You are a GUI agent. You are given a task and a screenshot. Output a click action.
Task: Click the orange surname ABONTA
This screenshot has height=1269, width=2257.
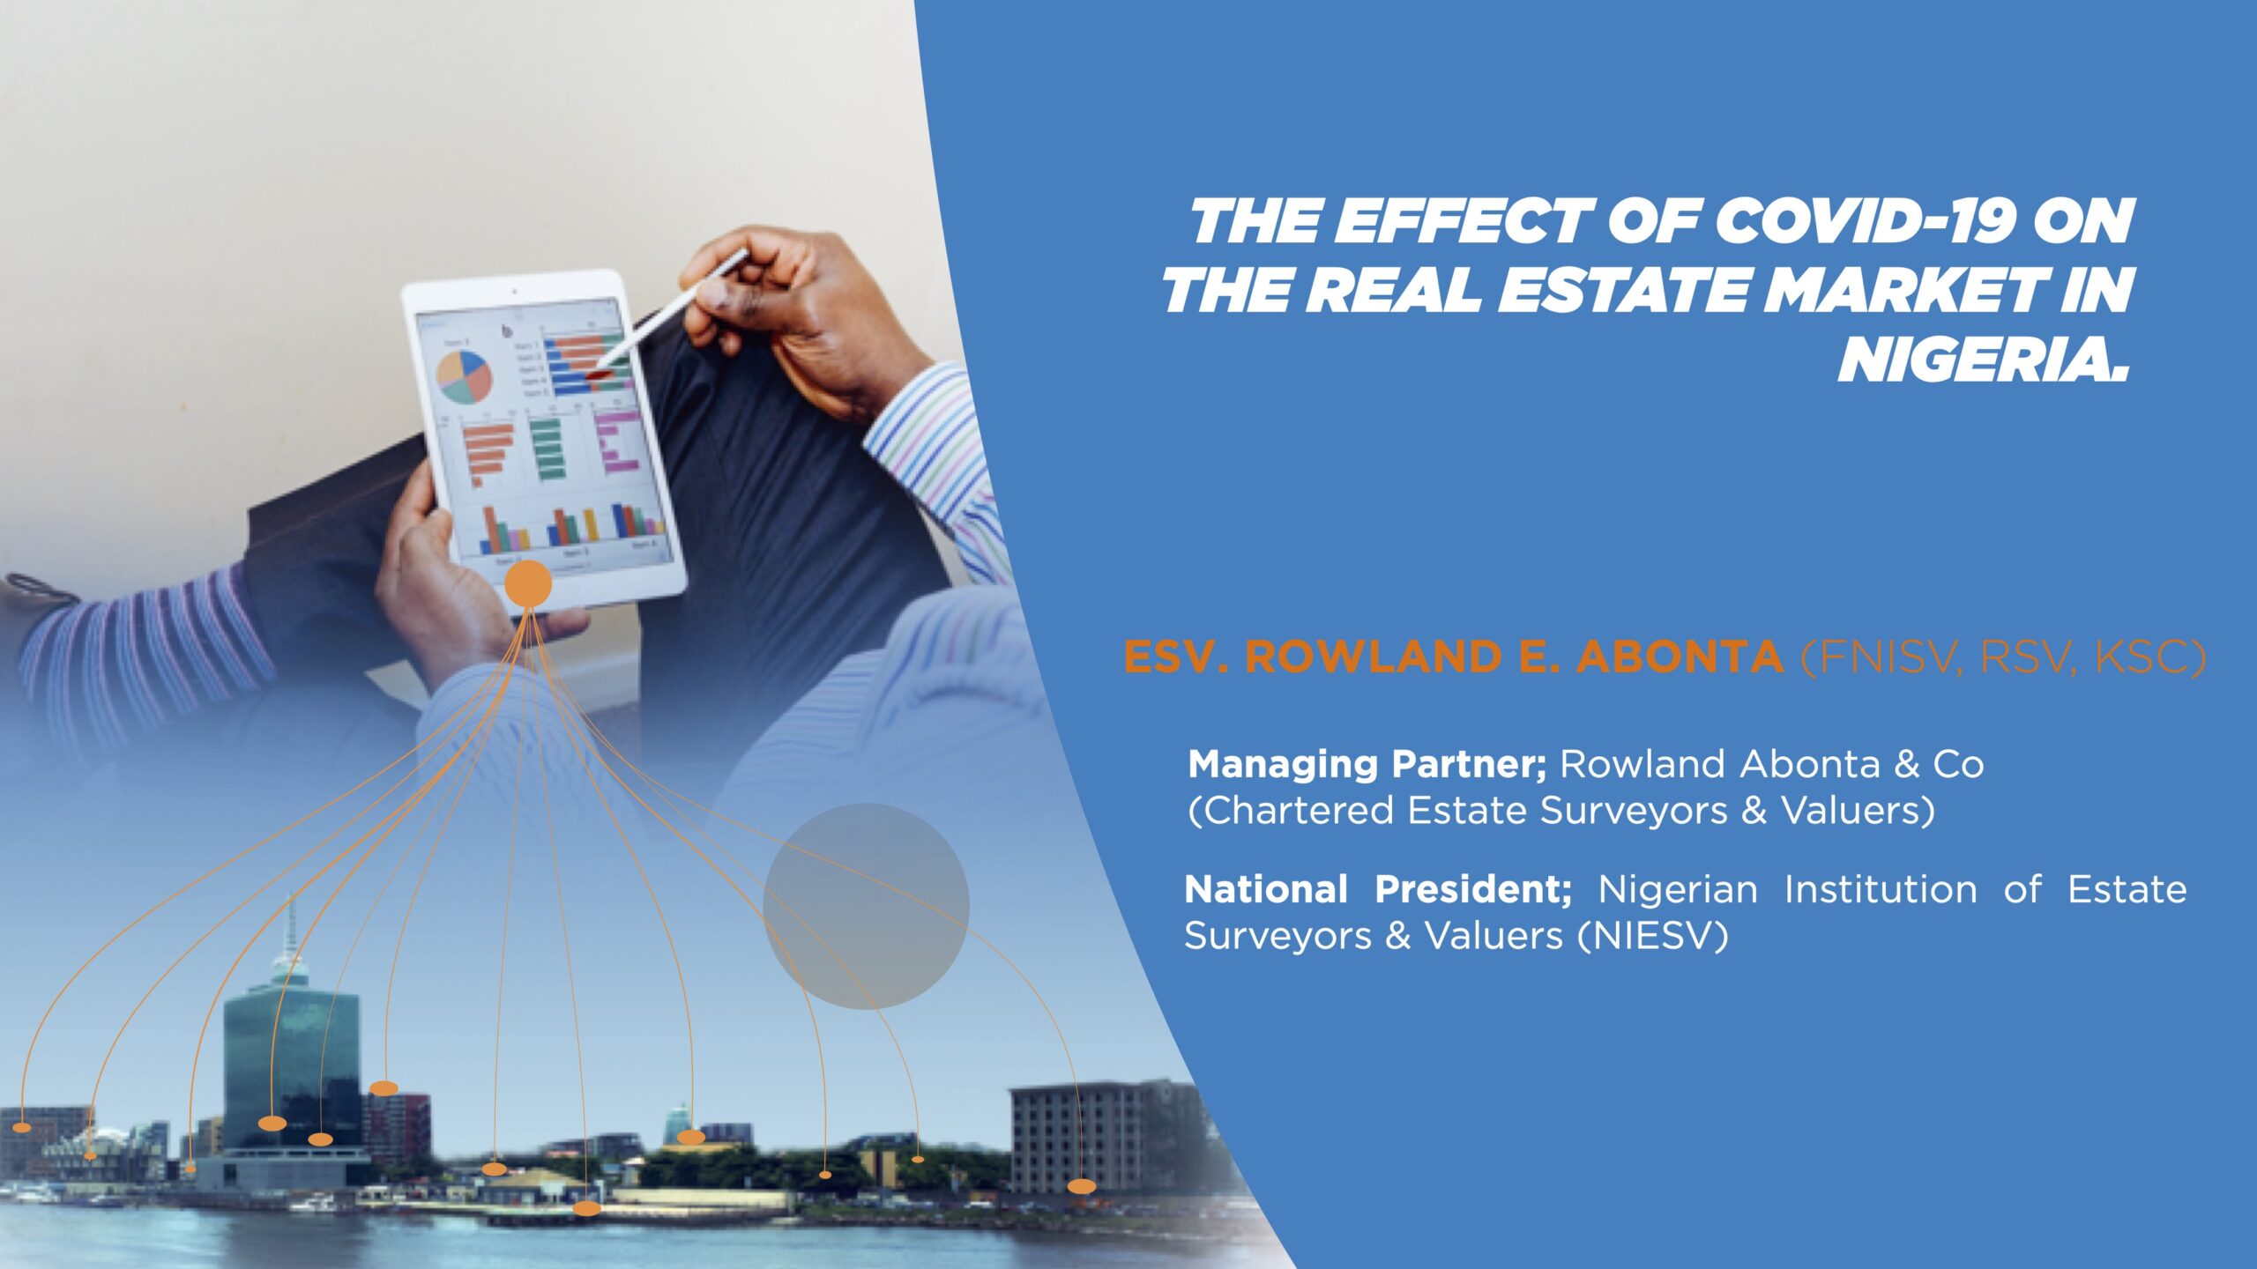coord(1680,657)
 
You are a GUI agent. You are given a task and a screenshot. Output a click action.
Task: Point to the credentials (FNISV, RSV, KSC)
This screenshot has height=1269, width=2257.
coord(2003,658)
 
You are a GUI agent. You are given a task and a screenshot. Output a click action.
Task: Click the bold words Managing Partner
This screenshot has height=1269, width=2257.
coord(1367,765)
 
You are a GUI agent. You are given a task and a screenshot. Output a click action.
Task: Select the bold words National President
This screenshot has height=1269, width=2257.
coord(1379,889)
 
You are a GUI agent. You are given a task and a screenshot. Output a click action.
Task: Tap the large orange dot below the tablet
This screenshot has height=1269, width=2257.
coord(528,583)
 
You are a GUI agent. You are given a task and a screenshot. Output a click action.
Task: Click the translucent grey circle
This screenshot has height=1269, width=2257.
coord(866,906)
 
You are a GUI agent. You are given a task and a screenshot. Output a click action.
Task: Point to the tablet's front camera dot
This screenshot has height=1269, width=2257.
coord(513,289)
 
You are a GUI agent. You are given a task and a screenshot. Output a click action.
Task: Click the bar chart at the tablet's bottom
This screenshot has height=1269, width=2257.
coord(571,525)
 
